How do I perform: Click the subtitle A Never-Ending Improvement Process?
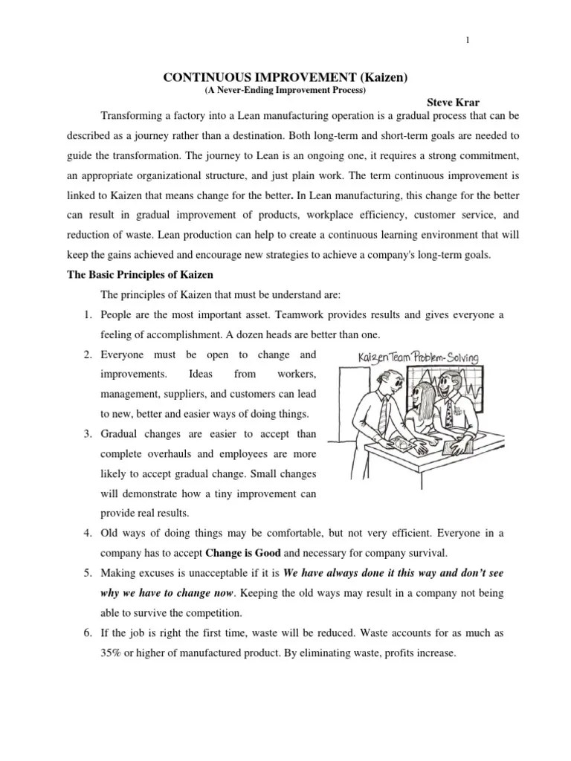coord(285,90)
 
